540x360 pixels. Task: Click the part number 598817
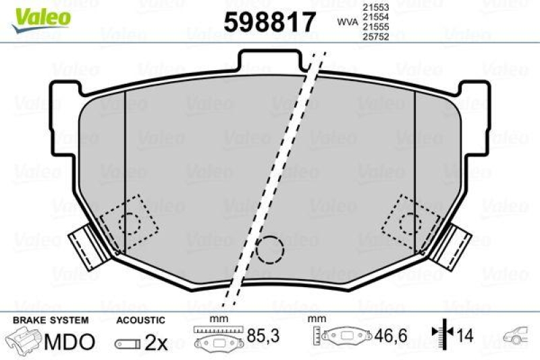[269, 22]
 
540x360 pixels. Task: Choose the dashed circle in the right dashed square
[409, 220]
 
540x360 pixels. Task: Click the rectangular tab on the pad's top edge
[271, 59]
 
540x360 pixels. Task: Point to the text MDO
[70, 342]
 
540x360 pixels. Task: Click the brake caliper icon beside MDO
[24, 341]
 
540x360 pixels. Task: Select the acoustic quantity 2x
[156, 342]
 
